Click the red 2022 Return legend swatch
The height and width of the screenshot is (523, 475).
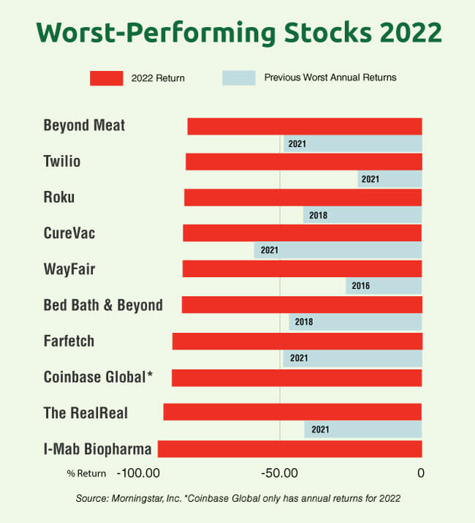pos(106,78)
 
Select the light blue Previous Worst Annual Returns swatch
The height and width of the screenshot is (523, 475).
pos(238,78)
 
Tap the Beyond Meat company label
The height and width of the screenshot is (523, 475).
pos(84,125)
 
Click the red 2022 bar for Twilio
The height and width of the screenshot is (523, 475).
pos(303,162)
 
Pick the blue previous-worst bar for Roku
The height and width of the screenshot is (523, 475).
pos(362,215)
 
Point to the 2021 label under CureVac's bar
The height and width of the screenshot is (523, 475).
pos(270,251)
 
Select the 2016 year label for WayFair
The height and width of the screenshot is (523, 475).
pos(361,286)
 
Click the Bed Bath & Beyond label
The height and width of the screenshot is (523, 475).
pos(103,305)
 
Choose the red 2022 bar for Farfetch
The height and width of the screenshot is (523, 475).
pos(297,341)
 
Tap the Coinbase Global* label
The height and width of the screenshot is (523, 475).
pos(98,377)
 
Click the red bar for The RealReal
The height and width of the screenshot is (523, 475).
pos(292,412)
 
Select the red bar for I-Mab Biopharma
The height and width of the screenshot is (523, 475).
pos(289,448)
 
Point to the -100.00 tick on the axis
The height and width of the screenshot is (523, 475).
pos(139,473)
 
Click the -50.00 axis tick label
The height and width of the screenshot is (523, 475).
pos(279,473)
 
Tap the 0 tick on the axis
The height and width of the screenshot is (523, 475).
pos(421,473)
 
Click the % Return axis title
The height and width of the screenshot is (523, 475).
pos(86,473)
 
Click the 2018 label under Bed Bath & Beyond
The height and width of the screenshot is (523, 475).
pos(304,322)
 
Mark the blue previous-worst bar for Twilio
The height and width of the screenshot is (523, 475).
pos(389,179)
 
